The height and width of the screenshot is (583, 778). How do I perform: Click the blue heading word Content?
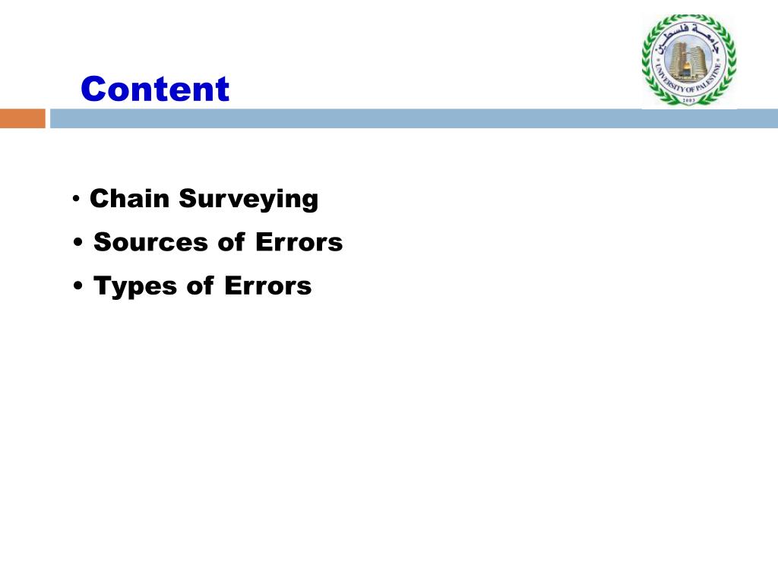[x=154, y=89]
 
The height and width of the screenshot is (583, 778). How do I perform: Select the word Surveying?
[x=248, y=200]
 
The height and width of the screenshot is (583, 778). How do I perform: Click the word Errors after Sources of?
[x=299, y=243]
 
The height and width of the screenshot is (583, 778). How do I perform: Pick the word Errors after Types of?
[x=267, y=286]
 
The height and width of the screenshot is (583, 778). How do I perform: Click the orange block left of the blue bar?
[x=22, y=118]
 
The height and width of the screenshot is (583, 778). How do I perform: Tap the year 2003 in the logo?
[x=688, y=100]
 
